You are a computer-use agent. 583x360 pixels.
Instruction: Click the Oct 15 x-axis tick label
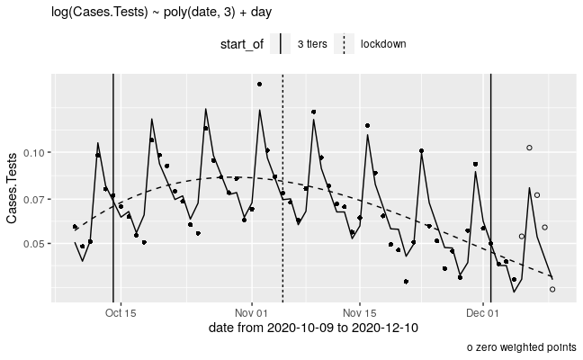120,313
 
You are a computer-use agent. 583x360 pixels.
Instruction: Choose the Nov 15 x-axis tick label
360,313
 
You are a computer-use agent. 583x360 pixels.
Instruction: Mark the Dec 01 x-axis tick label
483,313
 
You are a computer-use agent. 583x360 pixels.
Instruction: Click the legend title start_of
242,44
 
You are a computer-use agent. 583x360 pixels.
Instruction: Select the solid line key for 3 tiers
282,44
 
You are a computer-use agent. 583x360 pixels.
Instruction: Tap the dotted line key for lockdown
344,44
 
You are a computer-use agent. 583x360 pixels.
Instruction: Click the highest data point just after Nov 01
260,84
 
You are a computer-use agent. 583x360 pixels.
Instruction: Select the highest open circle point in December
529,148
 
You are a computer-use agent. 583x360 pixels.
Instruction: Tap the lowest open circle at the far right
552,289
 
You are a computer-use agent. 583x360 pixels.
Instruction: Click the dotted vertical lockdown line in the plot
283,180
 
